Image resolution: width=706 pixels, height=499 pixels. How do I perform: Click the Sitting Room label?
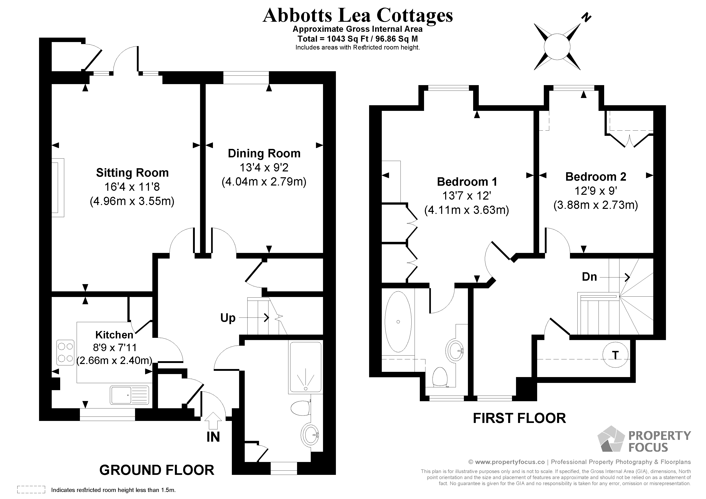(x=132, y=173)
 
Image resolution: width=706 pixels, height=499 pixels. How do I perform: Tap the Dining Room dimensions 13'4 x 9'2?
(x=264, y=168)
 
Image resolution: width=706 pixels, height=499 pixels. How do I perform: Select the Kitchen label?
(x=114, y=335)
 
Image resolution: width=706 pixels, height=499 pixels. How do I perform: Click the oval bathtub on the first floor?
(x=398, y=322)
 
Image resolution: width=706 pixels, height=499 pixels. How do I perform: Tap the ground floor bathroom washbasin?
(x=310, y=434)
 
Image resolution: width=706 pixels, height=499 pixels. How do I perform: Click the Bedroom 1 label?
(x=467, y=182)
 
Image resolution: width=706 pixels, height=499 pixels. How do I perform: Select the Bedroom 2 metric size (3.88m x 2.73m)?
(x=596, y=205)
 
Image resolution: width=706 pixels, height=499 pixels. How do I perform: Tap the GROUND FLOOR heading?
(x=157, y=470)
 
